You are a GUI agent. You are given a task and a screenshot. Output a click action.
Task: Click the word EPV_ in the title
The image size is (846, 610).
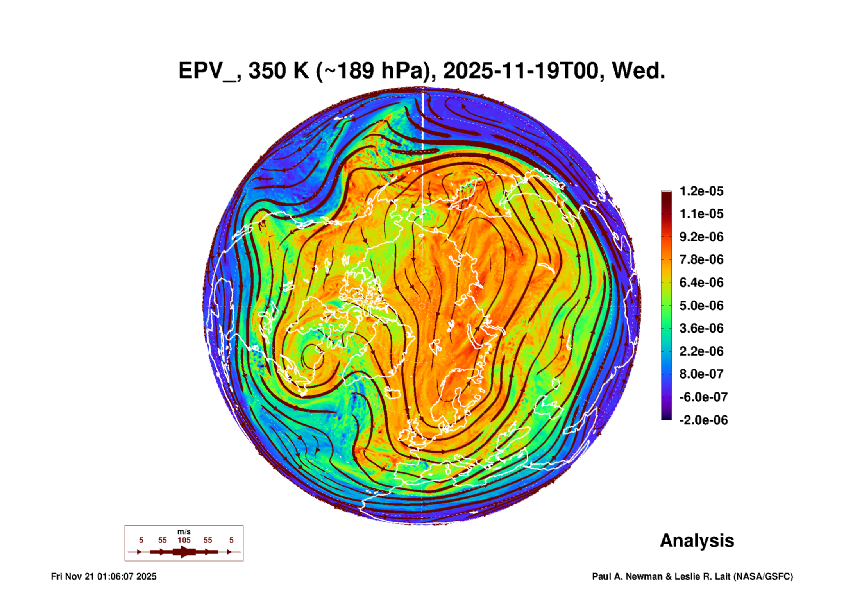pos(207,71)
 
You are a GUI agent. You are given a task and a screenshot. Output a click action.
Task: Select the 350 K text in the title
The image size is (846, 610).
pos(278,71)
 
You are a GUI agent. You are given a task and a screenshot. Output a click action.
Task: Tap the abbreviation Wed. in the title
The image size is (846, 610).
pos(638,71)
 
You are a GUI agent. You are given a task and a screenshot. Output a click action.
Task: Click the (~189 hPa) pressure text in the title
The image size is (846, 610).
pos(376,71)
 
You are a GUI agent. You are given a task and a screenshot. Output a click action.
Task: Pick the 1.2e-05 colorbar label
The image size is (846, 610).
pos(701,191)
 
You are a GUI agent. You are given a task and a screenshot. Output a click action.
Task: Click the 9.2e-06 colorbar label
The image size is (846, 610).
pos(701,237)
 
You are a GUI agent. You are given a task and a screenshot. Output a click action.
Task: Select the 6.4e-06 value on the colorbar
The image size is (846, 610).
pos(701,283)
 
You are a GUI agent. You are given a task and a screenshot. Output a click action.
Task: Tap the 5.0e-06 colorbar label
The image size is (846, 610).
pos(701,306)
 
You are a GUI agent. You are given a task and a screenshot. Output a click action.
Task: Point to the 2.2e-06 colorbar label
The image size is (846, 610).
pos(701,351)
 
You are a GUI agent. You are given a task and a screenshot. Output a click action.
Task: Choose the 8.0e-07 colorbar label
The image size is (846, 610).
pos(701,374)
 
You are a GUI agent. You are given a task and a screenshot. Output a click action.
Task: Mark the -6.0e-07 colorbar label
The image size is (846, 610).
pos(703,397)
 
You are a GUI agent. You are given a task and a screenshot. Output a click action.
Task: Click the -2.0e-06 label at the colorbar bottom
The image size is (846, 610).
pos(703,420)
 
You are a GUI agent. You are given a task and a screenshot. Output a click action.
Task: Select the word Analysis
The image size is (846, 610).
pos(697,540)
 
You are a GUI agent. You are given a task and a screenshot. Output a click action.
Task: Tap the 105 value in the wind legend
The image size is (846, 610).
pos(184,540)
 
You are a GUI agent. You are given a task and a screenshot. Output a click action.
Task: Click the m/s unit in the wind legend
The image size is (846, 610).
pos(184,531)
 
